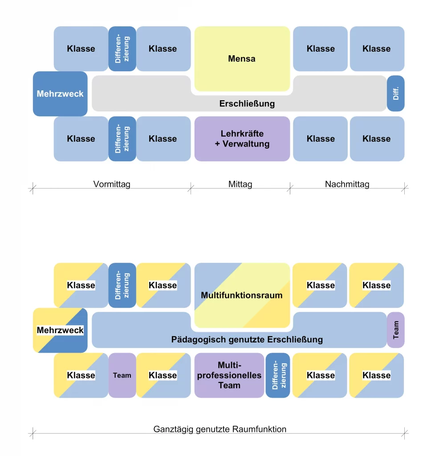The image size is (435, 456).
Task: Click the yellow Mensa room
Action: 242,59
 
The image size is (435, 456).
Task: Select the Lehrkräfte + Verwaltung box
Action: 242,138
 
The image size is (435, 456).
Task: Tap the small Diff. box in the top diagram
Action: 395,94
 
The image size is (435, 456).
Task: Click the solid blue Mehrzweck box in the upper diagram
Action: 60,94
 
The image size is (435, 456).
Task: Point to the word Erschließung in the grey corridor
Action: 247,104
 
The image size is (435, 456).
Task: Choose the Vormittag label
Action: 112,184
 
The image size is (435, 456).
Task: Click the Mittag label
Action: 240,184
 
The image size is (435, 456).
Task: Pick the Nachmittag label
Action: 347,184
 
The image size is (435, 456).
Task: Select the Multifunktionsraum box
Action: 242,295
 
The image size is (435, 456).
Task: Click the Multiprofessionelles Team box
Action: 229,375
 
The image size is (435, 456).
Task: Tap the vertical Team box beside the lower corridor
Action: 395,330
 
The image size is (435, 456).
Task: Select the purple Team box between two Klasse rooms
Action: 122,375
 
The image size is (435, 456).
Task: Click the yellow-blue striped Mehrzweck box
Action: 60,330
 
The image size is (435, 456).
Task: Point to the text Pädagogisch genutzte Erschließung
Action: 247,340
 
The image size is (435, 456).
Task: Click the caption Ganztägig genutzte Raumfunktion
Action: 220,429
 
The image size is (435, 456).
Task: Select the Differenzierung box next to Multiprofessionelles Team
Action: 277,375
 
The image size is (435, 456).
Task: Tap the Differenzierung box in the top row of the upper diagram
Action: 122,49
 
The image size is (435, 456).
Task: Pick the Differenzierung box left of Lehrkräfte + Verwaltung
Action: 122,138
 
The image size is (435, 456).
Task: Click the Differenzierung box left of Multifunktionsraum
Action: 122,285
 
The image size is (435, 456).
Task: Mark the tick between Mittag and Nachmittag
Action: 290,189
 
